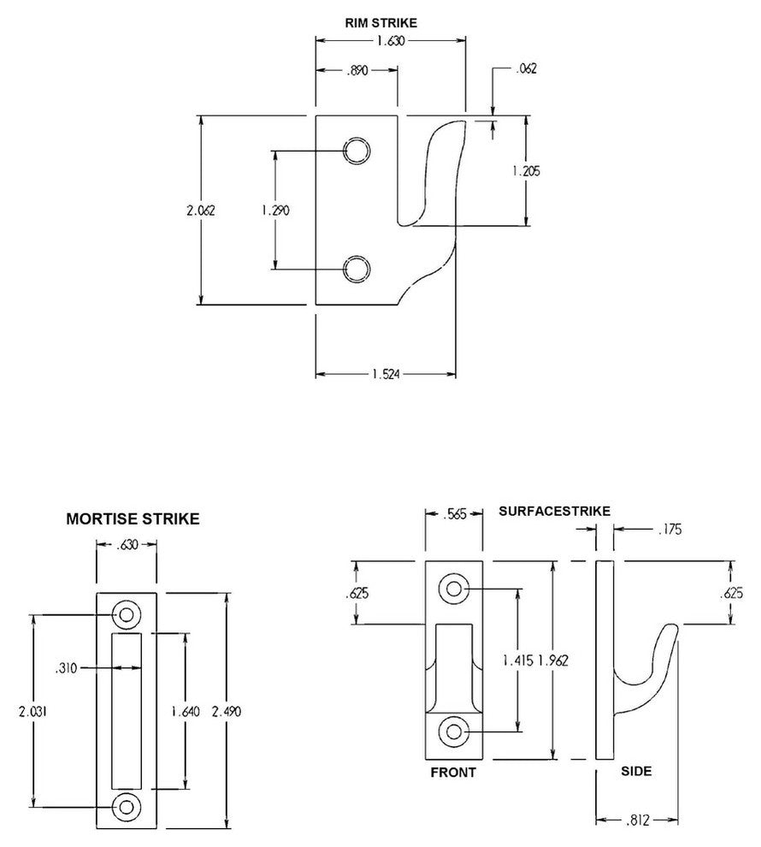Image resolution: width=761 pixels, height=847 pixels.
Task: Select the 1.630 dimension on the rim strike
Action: coord(388,40)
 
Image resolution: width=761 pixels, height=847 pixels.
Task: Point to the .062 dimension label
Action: coord(527,68)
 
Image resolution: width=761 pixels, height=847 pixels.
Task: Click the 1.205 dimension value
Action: coord(527,170)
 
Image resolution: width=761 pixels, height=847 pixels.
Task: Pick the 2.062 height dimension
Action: coord(200,210)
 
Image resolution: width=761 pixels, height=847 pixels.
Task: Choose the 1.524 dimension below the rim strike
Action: coord(386,374)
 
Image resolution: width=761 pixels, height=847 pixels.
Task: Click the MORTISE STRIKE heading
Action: coord(133,518)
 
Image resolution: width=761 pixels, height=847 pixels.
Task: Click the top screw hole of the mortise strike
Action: coord(127,613)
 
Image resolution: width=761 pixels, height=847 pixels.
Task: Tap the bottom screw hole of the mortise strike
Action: coord(127,806)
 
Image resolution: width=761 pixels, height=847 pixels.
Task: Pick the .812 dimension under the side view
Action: coord(637,820)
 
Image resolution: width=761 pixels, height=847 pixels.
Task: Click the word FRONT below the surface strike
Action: coord(454,772)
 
